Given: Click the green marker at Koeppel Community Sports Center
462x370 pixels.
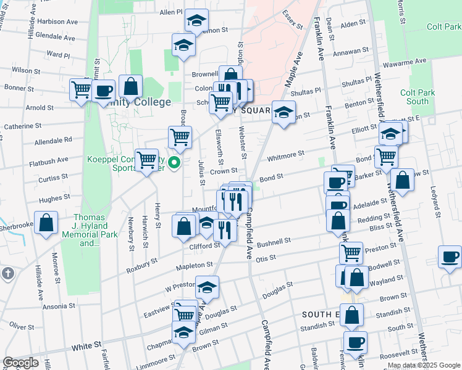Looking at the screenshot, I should [174, 163].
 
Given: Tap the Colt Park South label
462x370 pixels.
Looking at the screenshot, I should [414, 97].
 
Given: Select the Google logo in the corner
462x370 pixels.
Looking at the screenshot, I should [20, 363].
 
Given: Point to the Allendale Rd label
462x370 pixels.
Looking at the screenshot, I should [54, 140].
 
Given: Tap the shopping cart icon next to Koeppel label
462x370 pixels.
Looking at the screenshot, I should [147, 160].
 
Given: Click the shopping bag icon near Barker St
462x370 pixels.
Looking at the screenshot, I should [402, 181].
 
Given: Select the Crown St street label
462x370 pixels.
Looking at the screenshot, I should [224, 171].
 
